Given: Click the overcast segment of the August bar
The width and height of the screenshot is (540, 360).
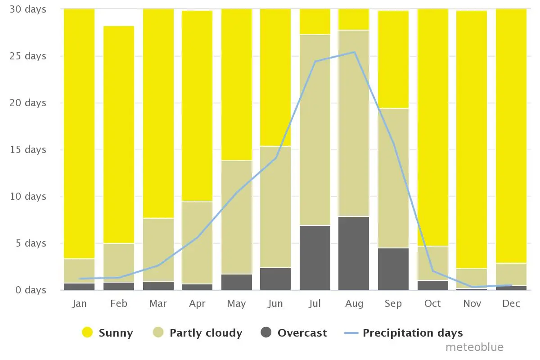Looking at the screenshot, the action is click(354, 253).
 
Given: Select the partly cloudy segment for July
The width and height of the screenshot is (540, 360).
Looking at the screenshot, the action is click(315, 130).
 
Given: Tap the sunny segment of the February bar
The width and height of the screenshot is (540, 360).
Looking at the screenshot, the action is click(119, 135).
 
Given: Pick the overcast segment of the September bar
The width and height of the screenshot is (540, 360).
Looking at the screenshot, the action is click(393, 269).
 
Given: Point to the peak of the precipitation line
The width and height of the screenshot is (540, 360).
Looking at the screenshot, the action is click(355, 52).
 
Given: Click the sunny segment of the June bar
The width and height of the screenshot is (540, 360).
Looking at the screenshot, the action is click(275, 77).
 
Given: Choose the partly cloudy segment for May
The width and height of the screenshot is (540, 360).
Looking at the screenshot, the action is click(237, 217).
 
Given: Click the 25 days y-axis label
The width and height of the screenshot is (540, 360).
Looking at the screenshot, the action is click(28, 56).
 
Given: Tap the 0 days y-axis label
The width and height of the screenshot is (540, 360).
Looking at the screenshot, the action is click(31, 290).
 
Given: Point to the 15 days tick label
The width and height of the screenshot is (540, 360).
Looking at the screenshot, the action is click(28, 149).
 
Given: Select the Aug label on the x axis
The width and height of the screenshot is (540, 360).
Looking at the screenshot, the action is click(354, 304).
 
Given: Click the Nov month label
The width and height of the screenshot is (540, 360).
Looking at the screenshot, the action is click(472, 303).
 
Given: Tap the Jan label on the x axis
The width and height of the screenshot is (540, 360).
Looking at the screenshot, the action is click(79, 303).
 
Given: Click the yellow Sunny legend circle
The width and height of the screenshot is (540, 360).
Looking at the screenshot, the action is click(87, 332).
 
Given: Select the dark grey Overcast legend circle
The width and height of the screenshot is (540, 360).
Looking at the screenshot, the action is click(266, 332).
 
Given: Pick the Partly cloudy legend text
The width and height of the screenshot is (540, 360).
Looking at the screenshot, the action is click(206, 333).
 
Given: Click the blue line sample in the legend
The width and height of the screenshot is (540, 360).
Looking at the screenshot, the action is click(351, 333).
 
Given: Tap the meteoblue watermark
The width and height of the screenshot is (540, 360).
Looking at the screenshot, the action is click(474, 347).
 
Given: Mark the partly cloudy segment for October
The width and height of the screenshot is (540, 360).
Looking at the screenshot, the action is click(433, 263).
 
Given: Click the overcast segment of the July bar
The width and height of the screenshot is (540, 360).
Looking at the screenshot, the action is click(315, 258).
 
